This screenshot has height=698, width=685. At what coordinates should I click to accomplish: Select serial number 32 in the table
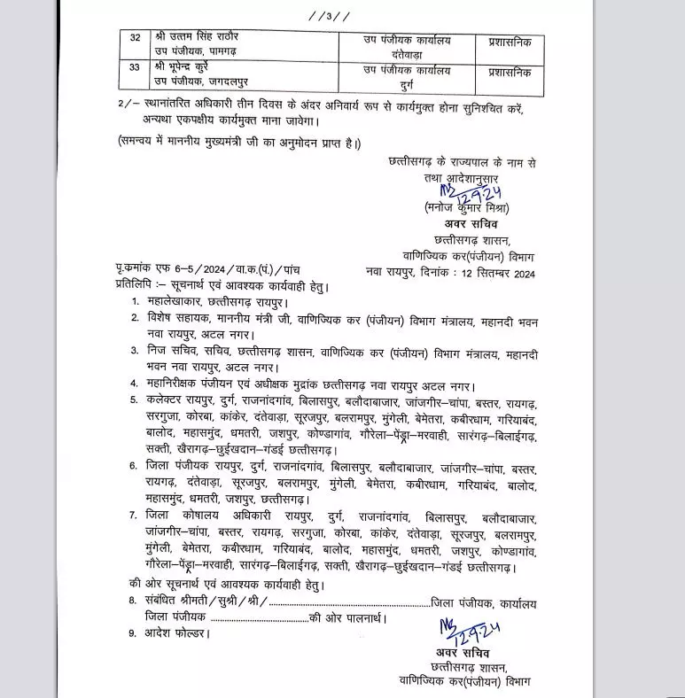[136, 40]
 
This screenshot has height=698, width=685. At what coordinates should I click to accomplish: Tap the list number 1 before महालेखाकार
[132, 301]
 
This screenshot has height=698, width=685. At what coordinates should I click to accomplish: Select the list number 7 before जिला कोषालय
[132, 515]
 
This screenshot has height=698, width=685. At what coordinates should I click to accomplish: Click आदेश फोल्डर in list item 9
[176, 633]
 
